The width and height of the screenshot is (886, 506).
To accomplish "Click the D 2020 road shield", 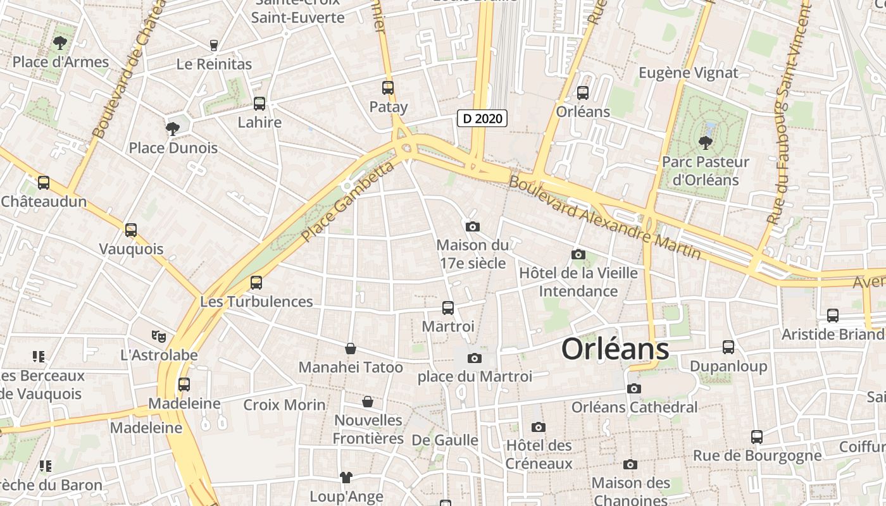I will [x=482, y=118].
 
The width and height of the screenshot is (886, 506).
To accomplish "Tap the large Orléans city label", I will [x=615, y=349].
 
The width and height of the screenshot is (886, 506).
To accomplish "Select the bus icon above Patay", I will [x=388, y=88].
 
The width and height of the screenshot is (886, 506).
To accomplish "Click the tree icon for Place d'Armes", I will [x=60, y=43].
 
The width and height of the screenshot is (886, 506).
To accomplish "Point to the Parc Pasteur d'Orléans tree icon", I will [x=705, y=143].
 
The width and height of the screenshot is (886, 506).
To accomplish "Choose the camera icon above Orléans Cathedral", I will [x=634, y=388].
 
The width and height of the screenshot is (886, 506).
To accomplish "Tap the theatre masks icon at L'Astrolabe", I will [x=158, y=336].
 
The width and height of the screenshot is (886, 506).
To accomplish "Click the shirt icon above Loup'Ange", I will [x=346, y=477].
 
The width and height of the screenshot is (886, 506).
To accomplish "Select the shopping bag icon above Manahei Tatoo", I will [x=350, y=348].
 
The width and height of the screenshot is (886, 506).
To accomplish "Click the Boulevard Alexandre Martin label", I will [x=605, y=216].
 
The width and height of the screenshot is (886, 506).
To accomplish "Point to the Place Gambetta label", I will [x=347, y=202].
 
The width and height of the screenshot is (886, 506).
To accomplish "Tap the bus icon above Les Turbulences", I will [x=256, y=282].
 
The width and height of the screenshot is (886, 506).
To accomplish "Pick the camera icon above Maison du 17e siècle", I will [x=472, y=226].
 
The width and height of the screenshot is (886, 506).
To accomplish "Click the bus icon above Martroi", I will [x=448, y=308].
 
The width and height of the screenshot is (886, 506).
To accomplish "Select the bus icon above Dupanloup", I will [x=728, y=347].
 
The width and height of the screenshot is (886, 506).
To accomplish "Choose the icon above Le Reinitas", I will [x=214, y=45].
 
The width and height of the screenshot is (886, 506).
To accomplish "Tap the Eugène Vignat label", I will [x=688, y=73].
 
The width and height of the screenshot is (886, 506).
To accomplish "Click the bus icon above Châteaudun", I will [x=44, y=183].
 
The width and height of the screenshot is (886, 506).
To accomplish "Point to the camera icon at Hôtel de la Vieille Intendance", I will [x=578, y=254].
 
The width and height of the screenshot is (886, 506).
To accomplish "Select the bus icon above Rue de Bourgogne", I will [x=757, y=436].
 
